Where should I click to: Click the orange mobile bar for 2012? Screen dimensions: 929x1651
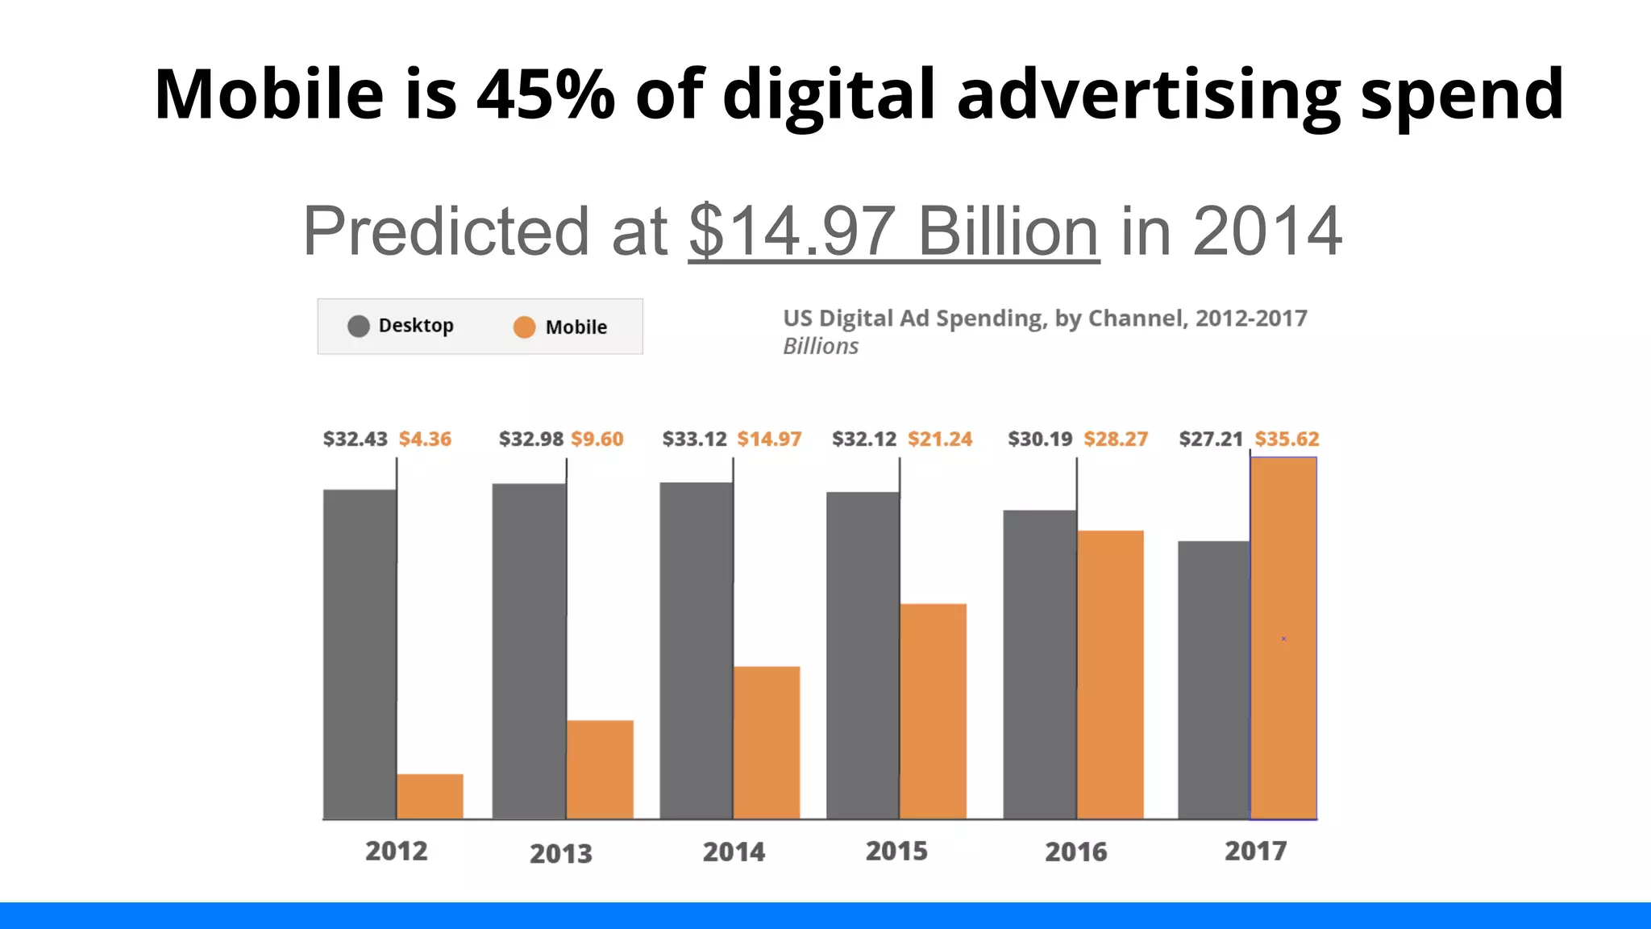point(430,796)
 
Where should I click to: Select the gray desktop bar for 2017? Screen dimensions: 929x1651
point(1213,679)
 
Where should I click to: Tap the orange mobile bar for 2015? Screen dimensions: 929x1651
point(933,710)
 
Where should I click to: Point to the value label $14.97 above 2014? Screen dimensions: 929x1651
point(769,439)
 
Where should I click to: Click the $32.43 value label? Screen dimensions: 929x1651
point(355,439)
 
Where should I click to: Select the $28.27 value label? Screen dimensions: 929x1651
point(1115,439)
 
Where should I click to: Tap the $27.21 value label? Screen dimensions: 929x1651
point(1211,439)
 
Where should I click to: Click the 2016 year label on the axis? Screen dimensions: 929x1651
point(1075,852)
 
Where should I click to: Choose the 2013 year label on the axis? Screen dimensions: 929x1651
point(560,853)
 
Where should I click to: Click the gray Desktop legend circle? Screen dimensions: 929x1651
point(359,326)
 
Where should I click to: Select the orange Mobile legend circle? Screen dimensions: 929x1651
point(524,327)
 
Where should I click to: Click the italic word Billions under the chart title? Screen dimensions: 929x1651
point(821,346)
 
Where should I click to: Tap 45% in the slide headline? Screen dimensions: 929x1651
point(546,94)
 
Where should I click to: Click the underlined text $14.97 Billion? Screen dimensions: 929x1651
point(893,231)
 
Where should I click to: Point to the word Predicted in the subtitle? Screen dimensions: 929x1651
point(446,231)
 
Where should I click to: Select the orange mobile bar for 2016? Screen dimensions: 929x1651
point(1110,674)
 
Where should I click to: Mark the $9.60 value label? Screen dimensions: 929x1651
point(597,439)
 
